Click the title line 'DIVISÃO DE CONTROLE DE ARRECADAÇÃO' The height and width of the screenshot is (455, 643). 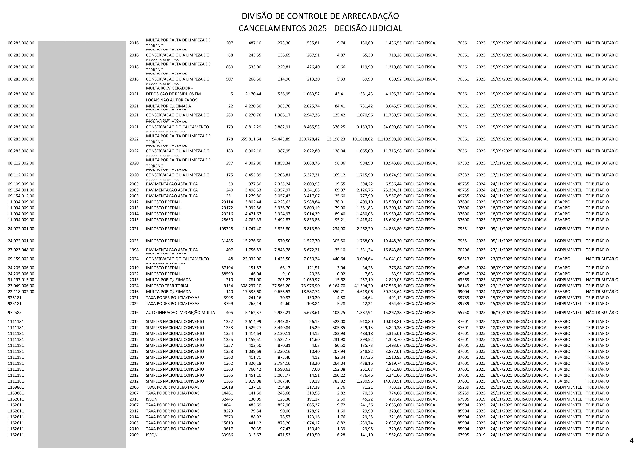320,16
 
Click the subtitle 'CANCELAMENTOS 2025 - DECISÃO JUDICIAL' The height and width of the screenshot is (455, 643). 320,28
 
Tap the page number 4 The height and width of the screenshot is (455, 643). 631,441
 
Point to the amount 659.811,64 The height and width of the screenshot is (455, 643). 251,139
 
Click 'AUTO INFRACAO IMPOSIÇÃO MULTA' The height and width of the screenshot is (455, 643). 180,313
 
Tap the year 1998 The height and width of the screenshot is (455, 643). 134,250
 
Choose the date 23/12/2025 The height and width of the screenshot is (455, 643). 501,286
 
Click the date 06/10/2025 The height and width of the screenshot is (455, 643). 501,313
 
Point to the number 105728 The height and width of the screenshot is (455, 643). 226,229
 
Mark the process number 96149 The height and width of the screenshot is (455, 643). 463,286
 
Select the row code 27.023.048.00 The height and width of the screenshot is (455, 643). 21,250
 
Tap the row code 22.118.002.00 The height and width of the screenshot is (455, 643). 21,292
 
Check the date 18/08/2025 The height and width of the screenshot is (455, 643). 501,292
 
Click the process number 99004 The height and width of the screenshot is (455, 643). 463,292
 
